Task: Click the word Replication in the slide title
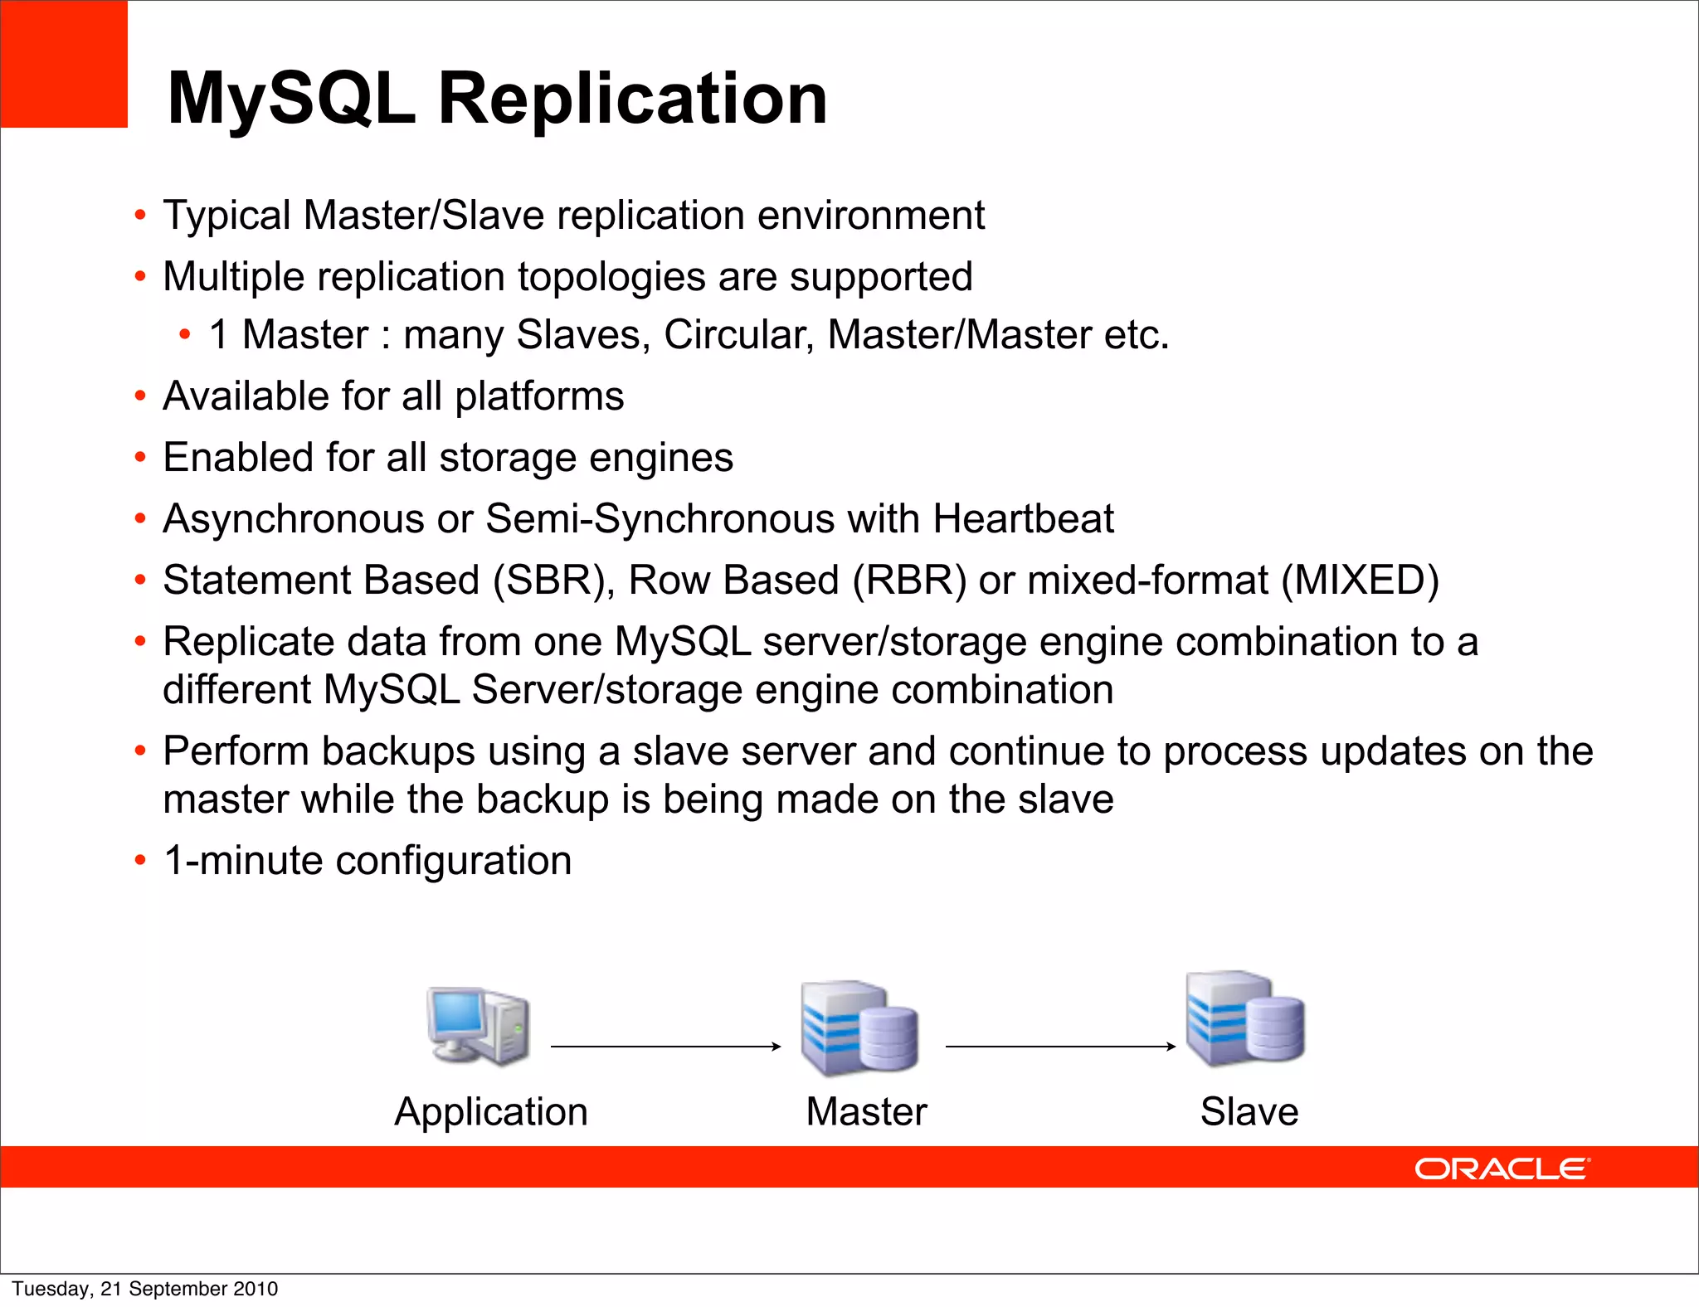(x=632, y=100)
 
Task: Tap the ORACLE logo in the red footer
(x=1502, y=1169)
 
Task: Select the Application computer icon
(x=479, y=1026)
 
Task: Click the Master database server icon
(x=859, y=1028)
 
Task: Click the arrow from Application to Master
(x=665, y=1047)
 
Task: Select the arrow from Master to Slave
(x=1060, y=1047)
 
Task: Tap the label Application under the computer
(x=491, y=1112)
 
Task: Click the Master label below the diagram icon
(x=866, y=1112)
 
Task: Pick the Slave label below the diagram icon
(x=1249, y=1112)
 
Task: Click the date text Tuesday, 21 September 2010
(x=145, y=1289)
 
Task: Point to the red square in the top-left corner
(x=64, y=64)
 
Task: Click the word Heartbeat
(x=1023, y=519)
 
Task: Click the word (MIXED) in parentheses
(x=1360, y=581)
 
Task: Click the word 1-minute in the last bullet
(x=243, y=861)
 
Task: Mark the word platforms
(x=539, y=397)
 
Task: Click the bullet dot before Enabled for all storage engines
(x=140, y=458)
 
